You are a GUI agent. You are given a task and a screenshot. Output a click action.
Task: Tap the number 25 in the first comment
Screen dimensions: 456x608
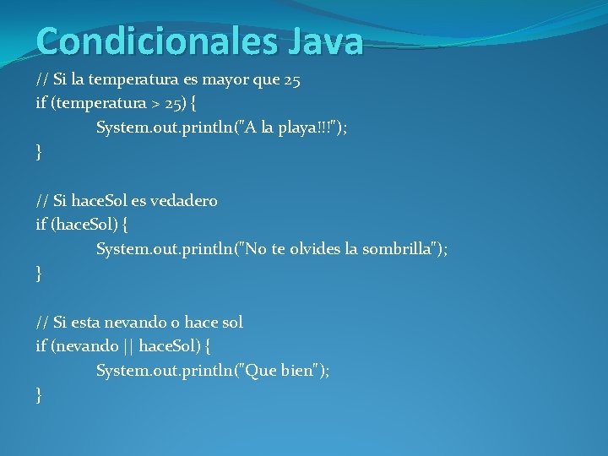pos(292,80)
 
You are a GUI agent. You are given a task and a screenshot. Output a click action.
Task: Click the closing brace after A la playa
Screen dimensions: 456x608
pos(39,152)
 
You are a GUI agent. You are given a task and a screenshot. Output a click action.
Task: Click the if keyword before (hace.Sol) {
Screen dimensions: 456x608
pos(41,225)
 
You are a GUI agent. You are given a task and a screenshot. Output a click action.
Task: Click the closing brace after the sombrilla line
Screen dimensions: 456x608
pos(39,273)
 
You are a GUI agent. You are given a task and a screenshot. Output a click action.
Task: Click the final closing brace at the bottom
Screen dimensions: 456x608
pos(39,394)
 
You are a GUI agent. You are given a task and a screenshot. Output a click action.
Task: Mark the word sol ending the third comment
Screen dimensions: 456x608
pos(231,322)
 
